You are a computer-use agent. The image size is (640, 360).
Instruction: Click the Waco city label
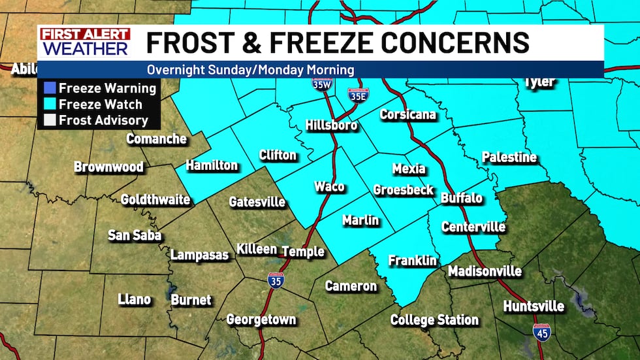tap(329, 187)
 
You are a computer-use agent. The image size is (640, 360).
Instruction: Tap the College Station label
tap(434, 320)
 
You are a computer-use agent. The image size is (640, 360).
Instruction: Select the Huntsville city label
tap(534, 306)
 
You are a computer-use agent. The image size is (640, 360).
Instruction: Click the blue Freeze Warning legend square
tap(49, 88)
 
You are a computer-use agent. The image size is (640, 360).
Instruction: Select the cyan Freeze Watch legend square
tap(49, 104)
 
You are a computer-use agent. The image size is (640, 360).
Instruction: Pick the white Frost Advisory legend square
tap(49, 120)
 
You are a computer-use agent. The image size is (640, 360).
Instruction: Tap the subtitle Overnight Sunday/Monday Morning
tap(250, 70)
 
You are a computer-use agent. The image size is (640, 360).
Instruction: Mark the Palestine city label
tap(509, 157)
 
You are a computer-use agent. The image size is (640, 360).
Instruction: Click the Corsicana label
tap(408, 115)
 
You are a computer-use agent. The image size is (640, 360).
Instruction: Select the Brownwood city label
tap(108, 167)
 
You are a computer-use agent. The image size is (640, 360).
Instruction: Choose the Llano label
tap(135, 300)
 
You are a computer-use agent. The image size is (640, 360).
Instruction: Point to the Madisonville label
tap(485, 271)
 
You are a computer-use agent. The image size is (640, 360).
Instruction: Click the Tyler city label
tap(539, 82)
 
